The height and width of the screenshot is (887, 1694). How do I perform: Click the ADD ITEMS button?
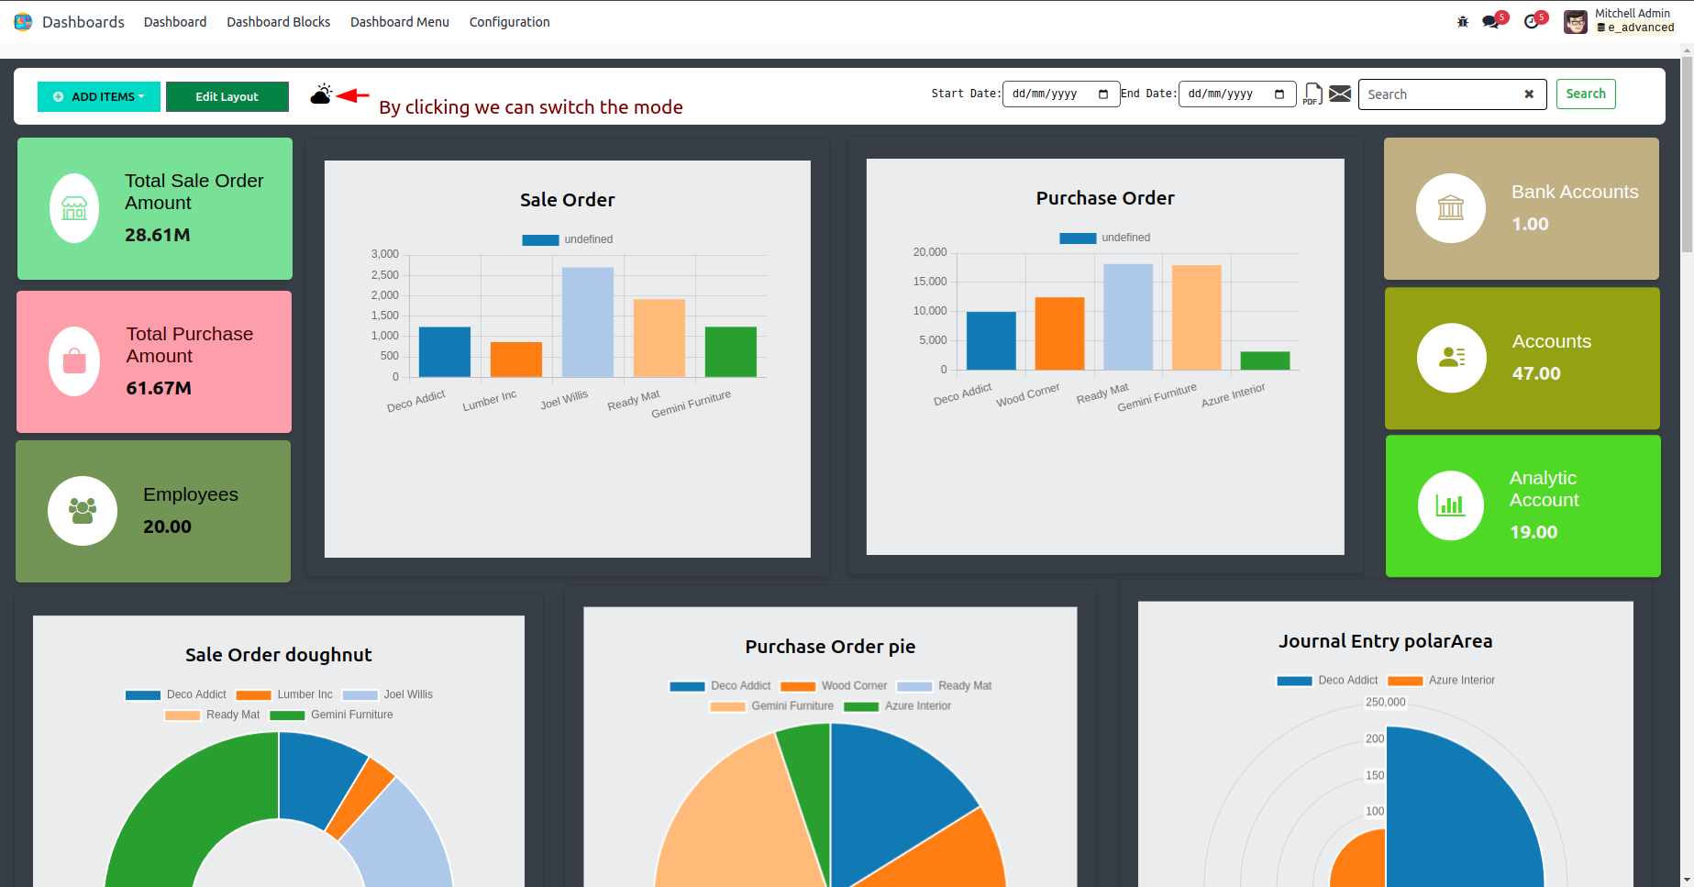tap(99, 96)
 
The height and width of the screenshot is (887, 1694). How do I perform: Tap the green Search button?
tap(1585, 94)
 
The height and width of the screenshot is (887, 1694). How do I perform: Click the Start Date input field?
tap(1060, 94)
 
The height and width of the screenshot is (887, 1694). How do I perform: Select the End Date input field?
tap(1236, 94)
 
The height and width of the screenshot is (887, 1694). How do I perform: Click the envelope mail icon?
tap(1340, 94)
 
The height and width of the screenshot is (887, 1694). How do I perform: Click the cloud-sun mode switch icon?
tap(321, 94)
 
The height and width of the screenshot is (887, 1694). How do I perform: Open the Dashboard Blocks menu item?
tap(278, 22)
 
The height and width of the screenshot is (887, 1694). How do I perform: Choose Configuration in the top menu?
tap(509, 22)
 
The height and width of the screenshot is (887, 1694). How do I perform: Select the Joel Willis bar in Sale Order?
tap(588, 322)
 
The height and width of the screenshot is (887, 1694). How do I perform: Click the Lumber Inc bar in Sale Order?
tap(516, 359)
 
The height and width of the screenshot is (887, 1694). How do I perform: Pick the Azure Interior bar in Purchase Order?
tap(1265, 360)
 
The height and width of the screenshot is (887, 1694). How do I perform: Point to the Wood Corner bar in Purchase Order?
tap(1059, 334)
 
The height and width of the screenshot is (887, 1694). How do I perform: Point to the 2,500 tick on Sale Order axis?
tap(385, 275)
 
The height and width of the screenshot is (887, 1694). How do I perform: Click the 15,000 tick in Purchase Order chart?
tap(930, 282)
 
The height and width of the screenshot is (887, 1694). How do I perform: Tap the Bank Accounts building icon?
tap(1450, 208)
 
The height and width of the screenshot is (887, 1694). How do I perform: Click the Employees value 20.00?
tap(167, 527)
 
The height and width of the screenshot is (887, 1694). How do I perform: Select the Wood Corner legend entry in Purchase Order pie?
tap(834, 686)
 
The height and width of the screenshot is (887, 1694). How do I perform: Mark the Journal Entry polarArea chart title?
tap(1385, 641)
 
